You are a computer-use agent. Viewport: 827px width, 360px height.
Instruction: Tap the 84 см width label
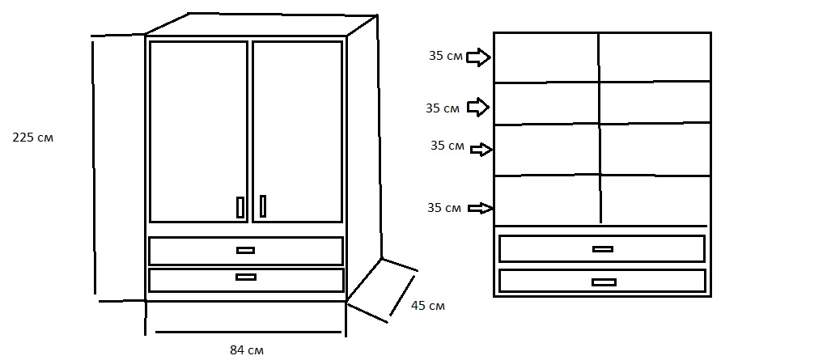click(x=247, y=350)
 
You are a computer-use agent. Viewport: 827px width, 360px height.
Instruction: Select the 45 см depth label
click(x=427, y=306)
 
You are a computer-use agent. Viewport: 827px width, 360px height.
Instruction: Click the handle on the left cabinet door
click(x=240, y=207)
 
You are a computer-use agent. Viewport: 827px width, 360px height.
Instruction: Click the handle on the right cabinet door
click(x=263, y=207)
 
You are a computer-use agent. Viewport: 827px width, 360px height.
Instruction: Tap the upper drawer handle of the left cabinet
click(x=245, y=250)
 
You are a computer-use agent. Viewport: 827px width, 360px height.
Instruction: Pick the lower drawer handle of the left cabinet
click(x=245, y=277)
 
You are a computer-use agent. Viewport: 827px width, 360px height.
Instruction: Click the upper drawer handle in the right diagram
click(x=602, y=249)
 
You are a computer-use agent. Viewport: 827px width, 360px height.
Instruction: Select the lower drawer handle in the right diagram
click(x=604, y=282)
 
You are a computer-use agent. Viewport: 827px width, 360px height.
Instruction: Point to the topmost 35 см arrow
click(x=479, y=57)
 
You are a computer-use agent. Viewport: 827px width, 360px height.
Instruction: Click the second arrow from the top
click(x=479, y=107)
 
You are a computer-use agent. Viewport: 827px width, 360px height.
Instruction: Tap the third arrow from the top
click(x=481, y=149)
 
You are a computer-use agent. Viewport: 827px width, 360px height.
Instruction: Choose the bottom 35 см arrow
click(x=481, y=209)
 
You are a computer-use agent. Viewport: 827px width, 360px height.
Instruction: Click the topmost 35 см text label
click(x=446, y=57)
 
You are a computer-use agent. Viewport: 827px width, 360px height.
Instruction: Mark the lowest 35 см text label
click(x=444, y=208)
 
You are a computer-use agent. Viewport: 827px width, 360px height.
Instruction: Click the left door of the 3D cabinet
click(x=198, y=129)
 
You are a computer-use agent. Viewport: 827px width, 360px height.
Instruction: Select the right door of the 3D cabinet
click(x=297, y=129)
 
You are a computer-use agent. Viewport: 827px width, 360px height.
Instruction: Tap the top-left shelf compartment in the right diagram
click(x=546, y=57)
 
